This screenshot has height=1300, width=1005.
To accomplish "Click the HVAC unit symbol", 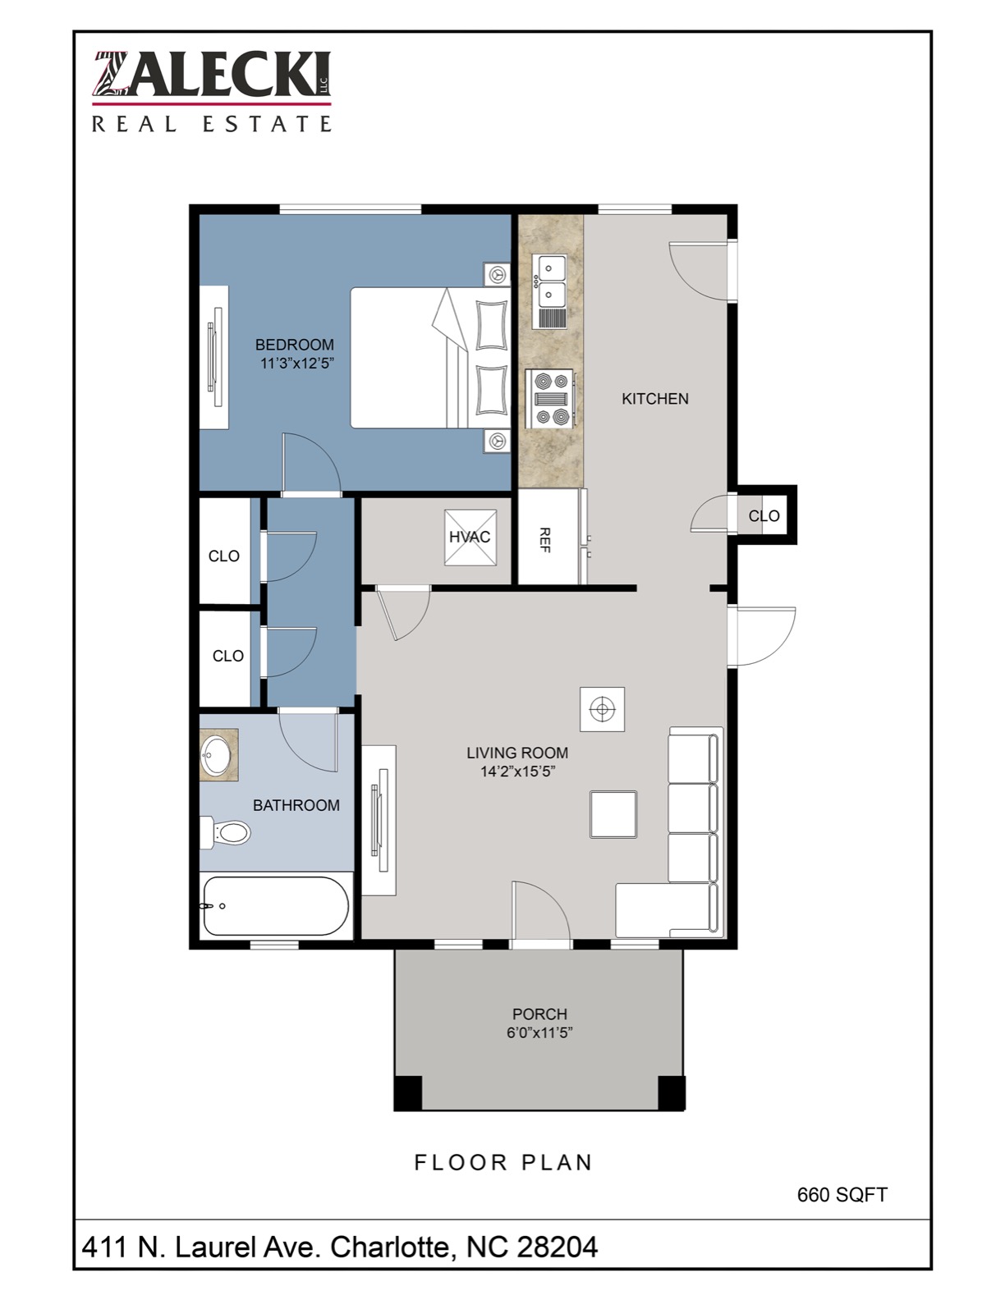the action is [470, 537].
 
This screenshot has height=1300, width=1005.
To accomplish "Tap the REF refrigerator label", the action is [544, 540].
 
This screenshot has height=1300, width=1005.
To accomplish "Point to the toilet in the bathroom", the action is [225, 832].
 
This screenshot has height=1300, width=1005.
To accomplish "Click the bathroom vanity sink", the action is [218, 754].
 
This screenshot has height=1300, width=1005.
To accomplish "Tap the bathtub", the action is [276, 906].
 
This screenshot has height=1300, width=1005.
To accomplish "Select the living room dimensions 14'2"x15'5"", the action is [518, 771].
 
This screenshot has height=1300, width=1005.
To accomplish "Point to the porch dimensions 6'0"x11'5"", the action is [540, 1032].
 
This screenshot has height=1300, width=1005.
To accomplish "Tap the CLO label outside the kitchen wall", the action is [764, 515].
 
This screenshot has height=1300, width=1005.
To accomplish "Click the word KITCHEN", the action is [655, 398].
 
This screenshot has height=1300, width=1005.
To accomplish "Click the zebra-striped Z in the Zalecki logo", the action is [112, 74].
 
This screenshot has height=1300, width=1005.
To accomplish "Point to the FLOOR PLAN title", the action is [503, 1162].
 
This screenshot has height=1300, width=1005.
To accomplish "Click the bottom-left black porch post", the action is [408, 1093].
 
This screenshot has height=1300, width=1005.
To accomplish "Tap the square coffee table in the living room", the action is [613, 814].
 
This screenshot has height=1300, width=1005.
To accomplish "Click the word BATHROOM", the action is [296, 805].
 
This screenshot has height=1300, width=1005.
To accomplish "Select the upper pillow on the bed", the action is [490, 324].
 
